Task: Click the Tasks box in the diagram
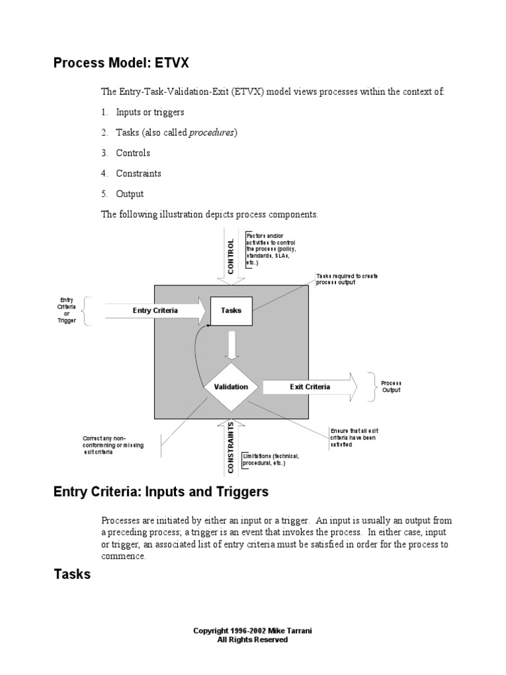pyautogui.click(x=231, y=311)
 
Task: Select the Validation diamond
pyautogui.click(x=231, y=387)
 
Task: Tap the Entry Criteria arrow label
pyautogui.click(x=155, y=311)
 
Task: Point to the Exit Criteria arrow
pyautogui.click(x=310, y=387)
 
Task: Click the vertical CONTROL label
pyautogui.click(x=231, y=256)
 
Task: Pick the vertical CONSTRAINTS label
pyautogui.click(x=231, y=448)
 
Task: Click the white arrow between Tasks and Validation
pyautogui.click(x=231, y=344)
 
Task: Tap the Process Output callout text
pyautogui.click(x=391, y=387)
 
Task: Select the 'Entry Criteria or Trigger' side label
pyautogui.click(x=67, y=310)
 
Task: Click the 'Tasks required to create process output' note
pyautogui.click(x=347, y=279)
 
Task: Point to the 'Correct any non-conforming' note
pyautogui.click(x=113, y=446)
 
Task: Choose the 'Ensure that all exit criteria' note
pyautogui.click(x=353, y=438)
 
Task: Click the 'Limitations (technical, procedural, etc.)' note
pyautogui.click(x=271, y=459)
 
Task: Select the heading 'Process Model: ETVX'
pyautogui.click(x=121, y=63)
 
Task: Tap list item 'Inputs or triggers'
pyautogui.click(x=150, y=112)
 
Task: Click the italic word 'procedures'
pyautogui.click(x=211, y=132)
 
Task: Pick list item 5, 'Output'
pyautogui.click(x=130, y=194)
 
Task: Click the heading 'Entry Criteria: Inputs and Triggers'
pyautogui.click(x=161, y=492)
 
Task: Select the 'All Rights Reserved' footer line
pyautogui.click(x=252, y=639)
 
